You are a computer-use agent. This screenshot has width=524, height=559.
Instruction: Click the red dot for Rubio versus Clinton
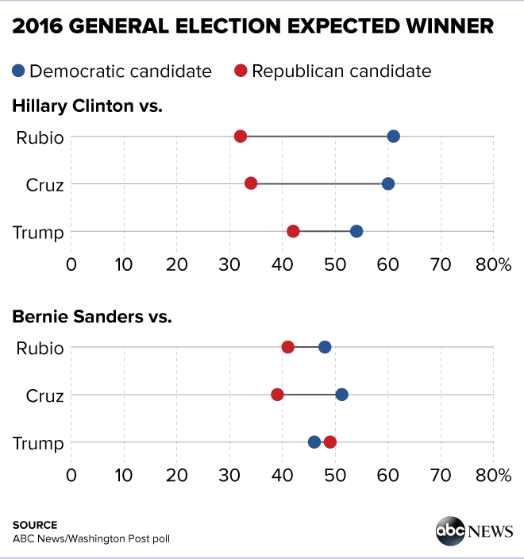coord(241,137)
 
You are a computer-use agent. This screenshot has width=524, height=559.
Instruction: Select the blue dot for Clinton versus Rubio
coord(393,137)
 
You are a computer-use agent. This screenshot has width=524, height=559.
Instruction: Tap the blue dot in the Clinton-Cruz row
coord(388,183)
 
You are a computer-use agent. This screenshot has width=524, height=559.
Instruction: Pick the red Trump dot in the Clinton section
coord(293,231)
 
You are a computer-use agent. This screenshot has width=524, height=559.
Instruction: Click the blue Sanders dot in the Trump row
coord(314,441)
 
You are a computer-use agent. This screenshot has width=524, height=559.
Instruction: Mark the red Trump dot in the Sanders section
coord(330,441)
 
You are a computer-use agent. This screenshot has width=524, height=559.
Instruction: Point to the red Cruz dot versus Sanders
coord(277,395)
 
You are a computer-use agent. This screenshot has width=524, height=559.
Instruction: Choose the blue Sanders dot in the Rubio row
coord(325,347)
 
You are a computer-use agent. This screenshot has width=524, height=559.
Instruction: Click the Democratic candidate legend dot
coord(19,71)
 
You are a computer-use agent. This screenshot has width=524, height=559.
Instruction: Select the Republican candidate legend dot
coord(241,71)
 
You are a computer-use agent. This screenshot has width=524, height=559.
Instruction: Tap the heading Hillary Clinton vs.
coord(87,106)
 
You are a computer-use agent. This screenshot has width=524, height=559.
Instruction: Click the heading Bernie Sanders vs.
coord(92,317)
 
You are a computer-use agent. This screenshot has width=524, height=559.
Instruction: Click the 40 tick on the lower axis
coord(282,475)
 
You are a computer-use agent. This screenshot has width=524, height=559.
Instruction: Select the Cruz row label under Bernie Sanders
coord(44,395)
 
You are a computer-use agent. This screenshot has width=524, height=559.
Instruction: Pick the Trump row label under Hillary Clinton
coord(39,232)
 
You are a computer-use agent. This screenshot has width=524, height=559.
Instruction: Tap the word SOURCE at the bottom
coord(35,525)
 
